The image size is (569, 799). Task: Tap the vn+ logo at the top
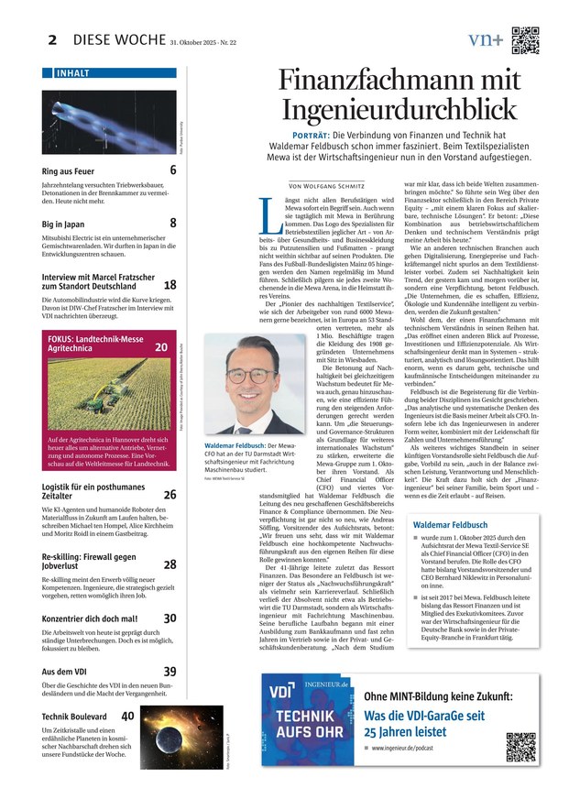click(x=485, y=39)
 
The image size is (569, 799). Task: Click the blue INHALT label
click(x=73, y=72)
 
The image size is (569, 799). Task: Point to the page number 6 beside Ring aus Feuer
click(x=172, y=170)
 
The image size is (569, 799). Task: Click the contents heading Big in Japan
click(x=63, y=223)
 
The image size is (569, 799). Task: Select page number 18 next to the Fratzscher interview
click(x=170, y=285)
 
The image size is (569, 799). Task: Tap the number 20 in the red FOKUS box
click(x=161, y=347)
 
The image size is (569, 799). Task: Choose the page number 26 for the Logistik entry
click(x=170, y=494)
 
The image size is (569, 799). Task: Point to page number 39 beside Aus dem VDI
click(x=170, y=672)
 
